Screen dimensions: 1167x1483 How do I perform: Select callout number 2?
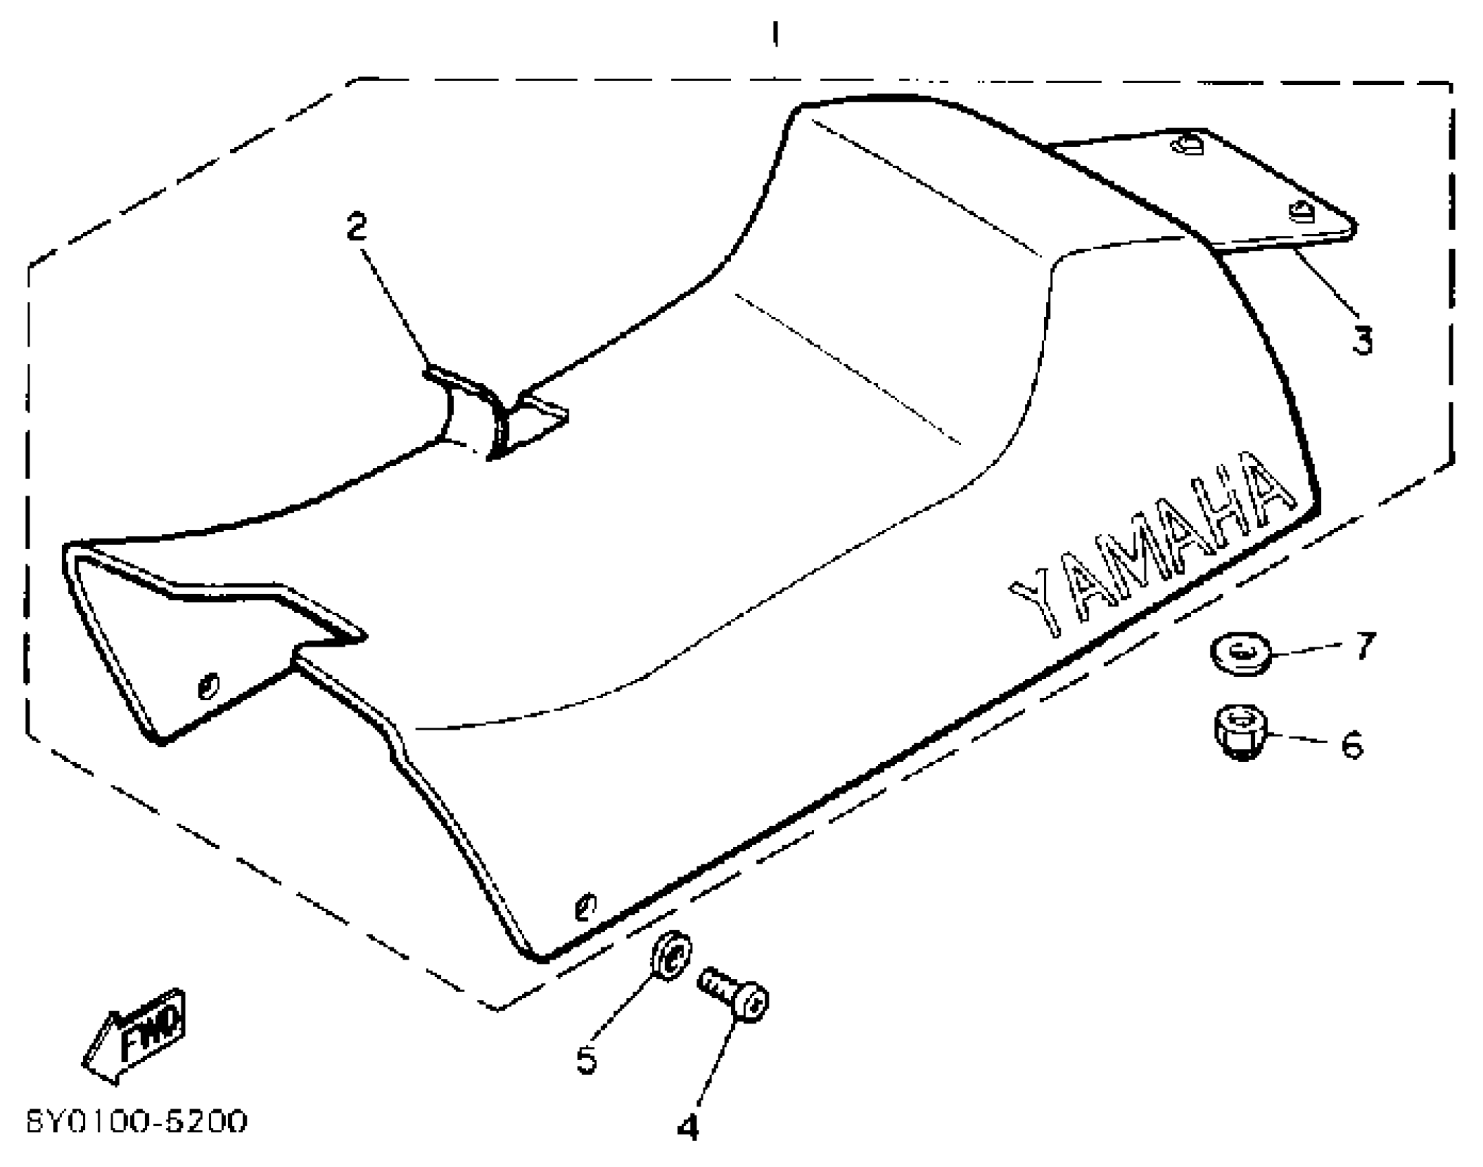(x=356, y=227)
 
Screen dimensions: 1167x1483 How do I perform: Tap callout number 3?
(x=1361, y=340)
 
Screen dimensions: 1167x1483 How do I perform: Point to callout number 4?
(x=688, y=1127)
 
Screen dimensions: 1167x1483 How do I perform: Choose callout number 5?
(x=586, y=1059)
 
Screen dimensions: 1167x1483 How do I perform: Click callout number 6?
(x=1352, y=745)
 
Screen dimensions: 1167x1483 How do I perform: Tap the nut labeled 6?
(x=1241, y=732)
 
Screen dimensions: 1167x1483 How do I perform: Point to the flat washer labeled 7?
(x=1241, y=654)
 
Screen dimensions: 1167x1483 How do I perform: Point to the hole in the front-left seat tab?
(x=207, y=685)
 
